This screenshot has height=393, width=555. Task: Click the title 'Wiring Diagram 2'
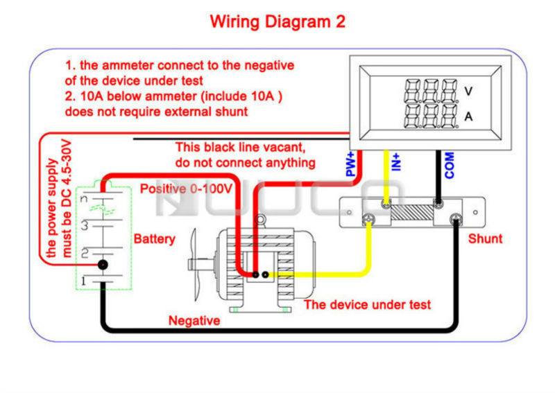pyautogui.click(x=277, y=21)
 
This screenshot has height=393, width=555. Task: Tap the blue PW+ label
pyautogui.click(x=350, y=164)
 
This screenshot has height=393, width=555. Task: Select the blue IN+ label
pyautogui.click(x=395, y=162)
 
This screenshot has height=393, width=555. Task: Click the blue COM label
pyautogui.click(x=449, y=165)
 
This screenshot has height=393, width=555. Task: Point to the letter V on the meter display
pyautogui.click(x=468, y=91)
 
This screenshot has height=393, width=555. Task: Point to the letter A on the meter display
pyautogui.click(x=468, y=116)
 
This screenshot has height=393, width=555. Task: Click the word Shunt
pyautogui.click(x=485, y=238)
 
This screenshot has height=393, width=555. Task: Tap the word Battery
pyautogui.click(x=154, y=239)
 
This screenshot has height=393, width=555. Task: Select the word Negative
pyautogui.click(x=194, y=320)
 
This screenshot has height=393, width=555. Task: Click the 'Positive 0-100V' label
pyautogui.click(x=186, y=189)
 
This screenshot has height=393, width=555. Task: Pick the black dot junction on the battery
pyautogui.click(x=103, y=265)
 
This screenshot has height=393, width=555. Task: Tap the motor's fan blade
pyautogui.click(x=195, y=264)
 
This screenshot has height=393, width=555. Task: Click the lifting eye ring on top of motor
pyautogui.click(x=260, y=220)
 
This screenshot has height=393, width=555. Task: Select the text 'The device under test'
pyautogui.click(x=368, y=304)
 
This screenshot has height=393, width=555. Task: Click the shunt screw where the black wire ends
pyautogui.click(x=456, y=220)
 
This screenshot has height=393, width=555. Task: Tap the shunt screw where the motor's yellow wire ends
pyautogui.click(x=368, y=219)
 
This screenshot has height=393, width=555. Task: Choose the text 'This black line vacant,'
pyautogui.click(x=240, y=147)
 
